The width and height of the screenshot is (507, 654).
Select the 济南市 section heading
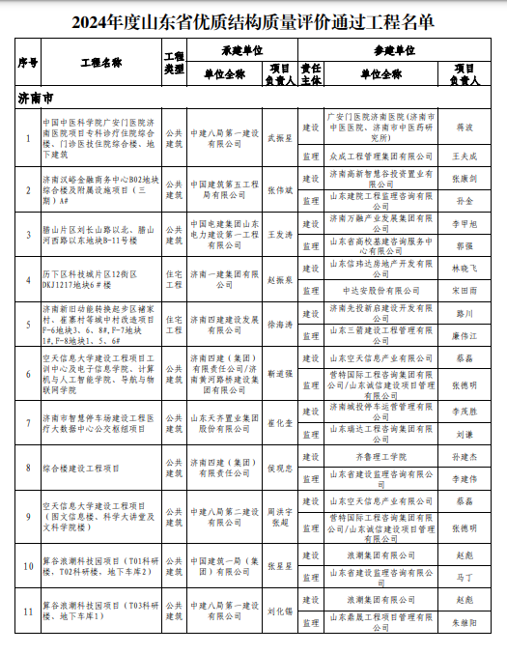[36, 98]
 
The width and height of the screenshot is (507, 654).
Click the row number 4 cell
[28, 274]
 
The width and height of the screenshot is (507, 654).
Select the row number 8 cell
[28, 468]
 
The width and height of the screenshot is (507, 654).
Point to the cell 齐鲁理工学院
[380, 456]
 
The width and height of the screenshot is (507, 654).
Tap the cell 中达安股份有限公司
[380, 288]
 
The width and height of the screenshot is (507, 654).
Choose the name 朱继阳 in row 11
[464, 625]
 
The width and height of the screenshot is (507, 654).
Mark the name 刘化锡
[280, 611]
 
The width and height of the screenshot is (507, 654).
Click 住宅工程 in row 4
[174, 274]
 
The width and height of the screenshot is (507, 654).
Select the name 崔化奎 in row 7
[280, 422]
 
